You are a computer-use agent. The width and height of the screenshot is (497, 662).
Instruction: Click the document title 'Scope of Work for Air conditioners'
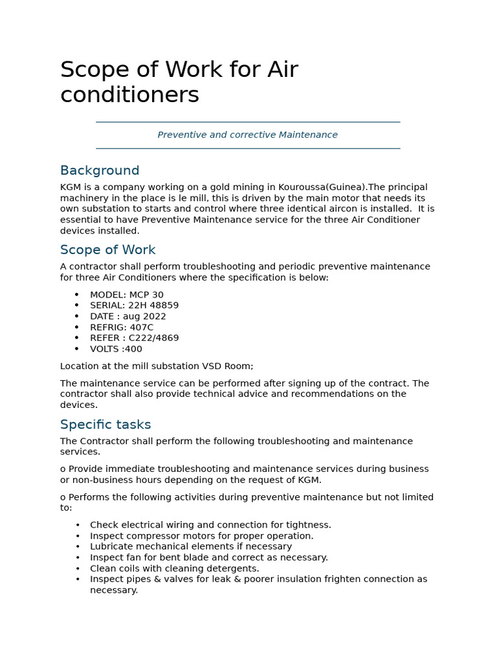179,82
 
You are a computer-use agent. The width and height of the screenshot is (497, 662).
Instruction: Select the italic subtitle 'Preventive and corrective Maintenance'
247,135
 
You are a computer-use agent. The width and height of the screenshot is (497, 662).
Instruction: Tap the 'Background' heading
100,171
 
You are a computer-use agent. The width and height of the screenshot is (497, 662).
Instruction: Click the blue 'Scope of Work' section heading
107,250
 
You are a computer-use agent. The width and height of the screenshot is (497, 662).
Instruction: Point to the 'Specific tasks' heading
105,425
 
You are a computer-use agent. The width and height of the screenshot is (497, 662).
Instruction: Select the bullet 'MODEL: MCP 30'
126,295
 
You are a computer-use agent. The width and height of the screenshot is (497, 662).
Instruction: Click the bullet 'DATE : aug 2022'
127,317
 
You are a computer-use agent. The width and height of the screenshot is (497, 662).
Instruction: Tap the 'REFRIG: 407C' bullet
122,328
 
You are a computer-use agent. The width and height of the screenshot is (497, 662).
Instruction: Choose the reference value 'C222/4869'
154,338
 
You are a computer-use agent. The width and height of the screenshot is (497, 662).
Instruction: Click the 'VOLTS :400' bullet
116,349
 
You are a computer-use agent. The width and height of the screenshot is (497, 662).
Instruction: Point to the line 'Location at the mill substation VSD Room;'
157,367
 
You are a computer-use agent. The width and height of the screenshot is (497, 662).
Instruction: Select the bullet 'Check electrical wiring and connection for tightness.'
210,525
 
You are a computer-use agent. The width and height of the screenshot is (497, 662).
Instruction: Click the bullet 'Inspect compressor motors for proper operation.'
201,536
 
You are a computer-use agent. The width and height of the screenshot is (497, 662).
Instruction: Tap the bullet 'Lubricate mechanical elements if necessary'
191,547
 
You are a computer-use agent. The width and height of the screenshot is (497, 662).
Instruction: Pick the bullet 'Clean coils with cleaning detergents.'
174,569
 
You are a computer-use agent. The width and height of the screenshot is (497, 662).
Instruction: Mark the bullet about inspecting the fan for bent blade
208,557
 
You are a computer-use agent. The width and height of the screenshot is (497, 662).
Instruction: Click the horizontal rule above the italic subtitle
248,122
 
